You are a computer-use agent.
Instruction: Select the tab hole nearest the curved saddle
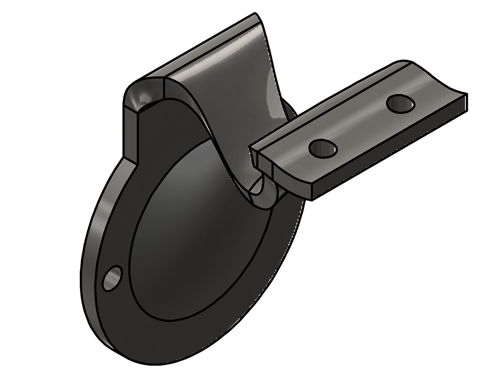[x=324, y=148]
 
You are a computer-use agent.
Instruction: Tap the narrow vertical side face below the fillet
[x=130, y=135]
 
